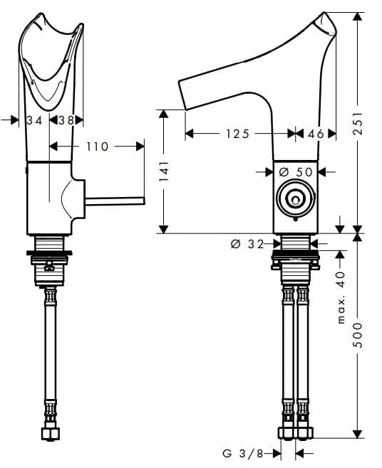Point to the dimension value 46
point(314,133)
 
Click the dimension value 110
point(97,146)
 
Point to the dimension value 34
point(34,120)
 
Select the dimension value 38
point(66,120)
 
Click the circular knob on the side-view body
point(294,200)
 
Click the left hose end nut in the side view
point(286,432)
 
